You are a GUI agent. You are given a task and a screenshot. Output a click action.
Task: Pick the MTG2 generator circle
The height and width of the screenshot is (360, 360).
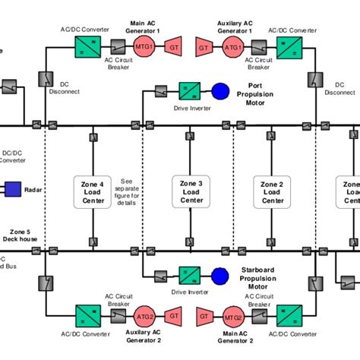click(232, 314)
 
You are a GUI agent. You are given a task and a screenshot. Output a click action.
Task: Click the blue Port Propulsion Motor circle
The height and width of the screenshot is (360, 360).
click(220, 90)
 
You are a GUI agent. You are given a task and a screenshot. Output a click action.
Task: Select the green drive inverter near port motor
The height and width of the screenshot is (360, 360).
click(188, 90)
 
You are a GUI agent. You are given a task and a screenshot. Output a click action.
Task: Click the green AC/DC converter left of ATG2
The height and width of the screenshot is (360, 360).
click(85, 314)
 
